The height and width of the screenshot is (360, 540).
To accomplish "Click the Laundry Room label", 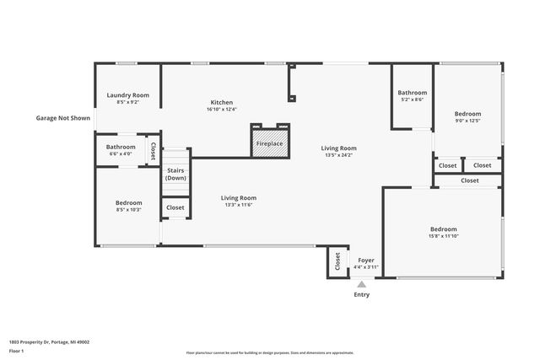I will pyautogui.click(x=128, y=95).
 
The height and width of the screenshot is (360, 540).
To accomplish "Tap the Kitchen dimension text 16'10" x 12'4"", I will pyautogui.click(x=222, y=109).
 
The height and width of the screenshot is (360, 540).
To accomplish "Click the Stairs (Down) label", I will pyautogui.click(x=175, y=175).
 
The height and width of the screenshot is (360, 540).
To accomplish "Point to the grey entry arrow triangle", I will pyautogui.click(x=361, y=284).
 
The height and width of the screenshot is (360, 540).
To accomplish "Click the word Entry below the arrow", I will pyautogui.click(x=361, y=295).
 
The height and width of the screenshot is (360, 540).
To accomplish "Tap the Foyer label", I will pyautogui.click(x=366, y=261).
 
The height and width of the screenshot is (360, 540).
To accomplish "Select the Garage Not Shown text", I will pyautogui.click(x=62, y=118).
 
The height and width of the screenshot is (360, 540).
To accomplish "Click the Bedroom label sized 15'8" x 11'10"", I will pyautogui.click(x=443, y=229).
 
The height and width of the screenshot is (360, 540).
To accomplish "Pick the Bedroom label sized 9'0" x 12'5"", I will pyautogui.click(x=467, y=114).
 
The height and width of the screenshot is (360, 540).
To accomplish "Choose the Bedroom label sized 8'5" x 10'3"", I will pyautogui.click(x=128, y=202).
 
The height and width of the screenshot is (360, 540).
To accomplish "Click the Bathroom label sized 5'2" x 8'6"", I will pyautogui.click(x=413, y=93).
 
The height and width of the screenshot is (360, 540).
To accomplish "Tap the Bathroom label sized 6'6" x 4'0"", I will pyautogui.click(x=121, y=147).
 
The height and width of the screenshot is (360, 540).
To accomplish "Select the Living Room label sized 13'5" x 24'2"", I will pyautogui.click(x=338, y=148).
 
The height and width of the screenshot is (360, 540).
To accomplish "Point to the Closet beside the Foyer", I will pyautogui.click(x=338, y=261).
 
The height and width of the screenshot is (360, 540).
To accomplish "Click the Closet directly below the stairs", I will pyautogui.click(x=175, y=207).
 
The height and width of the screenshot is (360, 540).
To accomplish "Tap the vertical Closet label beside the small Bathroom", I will pyautogui.click(x=153, y=150).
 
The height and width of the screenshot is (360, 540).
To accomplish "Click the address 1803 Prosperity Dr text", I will pyautogui.click(x=49, y=342).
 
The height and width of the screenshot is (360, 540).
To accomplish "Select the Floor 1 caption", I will pyautogui.click(x=15, y=351).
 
